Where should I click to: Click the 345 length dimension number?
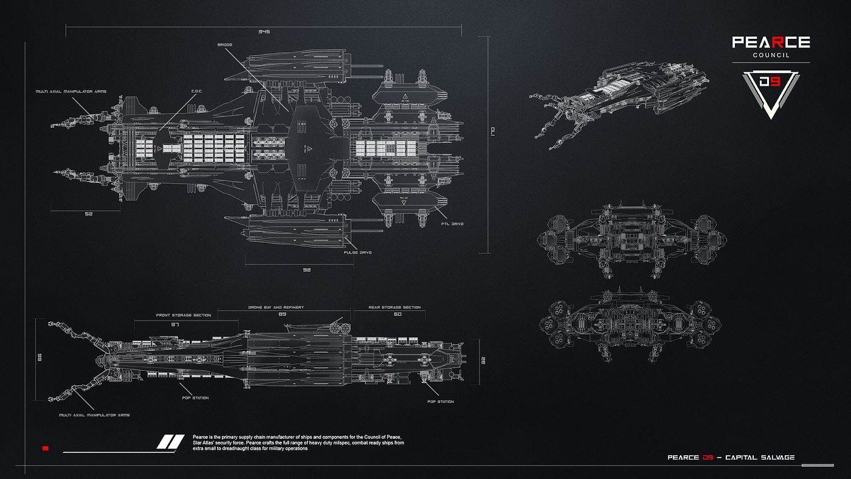(263, 31)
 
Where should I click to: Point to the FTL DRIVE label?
(453, 224)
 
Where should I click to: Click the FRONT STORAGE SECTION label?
(184, 315)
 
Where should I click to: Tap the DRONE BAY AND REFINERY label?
(275, 308)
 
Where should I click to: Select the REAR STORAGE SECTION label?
(394, 308)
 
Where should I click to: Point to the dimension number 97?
(176, 325)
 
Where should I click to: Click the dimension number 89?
(281, 314)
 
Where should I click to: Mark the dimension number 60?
(398, 314)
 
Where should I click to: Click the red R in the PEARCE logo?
(771, 42)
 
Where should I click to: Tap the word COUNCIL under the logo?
(771, 55)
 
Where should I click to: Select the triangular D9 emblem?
(771, 92)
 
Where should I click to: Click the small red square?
(45, 449)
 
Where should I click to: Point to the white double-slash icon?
(170, 442)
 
